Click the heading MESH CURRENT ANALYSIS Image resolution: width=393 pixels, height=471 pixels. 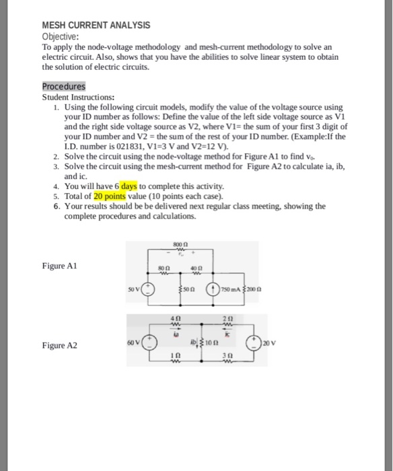(x=96, y=25)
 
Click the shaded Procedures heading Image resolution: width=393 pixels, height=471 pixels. (x=64, y=87)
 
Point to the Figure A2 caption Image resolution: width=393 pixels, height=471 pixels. (x=60, y=346)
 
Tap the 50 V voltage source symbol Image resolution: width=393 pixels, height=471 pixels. (x=150, y=290)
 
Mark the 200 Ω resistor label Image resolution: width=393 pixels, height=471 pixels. (x=253, y=290)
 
